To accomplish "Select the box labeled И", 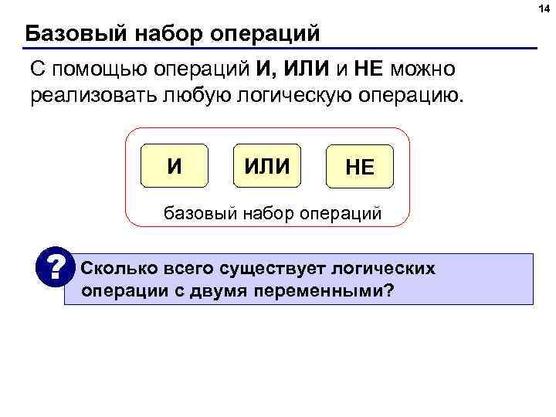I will point(175,166).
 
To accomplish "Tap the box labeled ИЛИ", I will point(266,166).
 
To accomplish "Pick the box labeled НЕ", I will point(359,167).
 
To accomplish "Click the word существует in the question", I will point(270,270).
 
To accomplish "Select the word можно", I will point(423,70).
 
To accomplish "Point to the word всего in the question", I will point(187,270).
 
